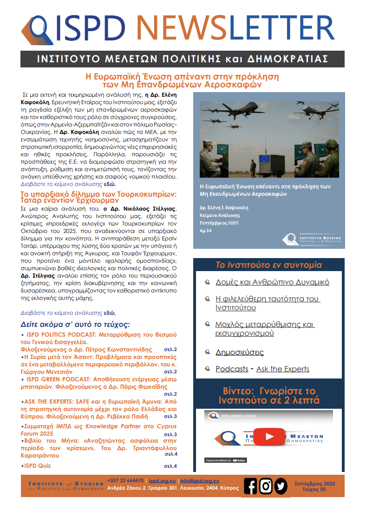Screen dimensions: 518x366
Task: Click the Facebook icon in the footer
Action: coord(250,486)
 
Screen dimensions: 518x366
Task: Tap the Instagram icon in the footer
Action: coord(266,486)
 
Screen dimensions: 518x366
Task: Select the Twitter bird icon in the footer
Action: coord(281,486)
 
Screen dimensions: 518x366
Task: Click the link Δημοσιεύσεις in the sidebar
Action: coord(240,352)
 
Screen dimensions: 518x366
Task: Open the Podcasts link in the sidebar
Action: coord(232,369)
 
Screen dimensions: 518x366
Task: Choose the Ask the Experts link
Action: coord(282,369)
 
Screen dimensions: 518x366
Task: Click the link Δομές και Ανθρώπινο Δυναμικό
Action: coord(273,282)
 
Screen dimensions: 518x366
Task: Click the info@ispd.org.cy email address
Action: coord(200,481)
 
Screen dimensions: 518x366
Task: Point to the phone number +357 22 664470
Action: coord(125,481)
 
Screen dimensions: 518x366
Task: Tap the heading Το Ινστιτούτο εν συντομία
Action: coord(269,265)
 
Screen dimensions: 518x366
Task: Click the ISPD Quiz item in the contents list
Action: coord(37,465)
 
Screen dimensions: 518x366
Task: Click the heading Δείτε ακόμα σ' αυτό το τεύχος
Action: coord(75,324)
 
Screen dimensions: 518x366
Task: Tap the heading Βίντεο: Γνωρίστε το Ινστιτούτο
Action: coord(269,395)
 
